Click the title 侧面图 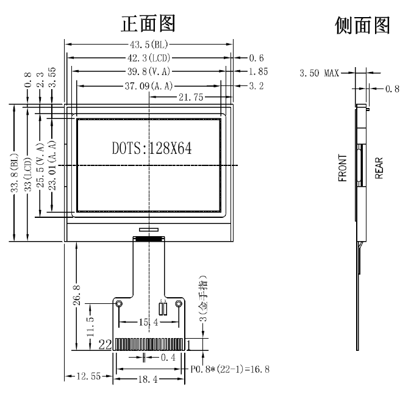(362, 26)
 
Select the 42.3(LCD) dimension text (149, 59)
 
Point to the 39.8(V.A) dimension (149, 72)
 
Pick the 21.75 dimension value (191, 98)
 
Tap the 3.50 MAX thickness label (319, 73)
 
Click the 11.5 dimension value (90, 326)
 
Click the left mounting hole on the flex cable (119, 304)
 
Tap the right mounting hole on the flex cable (179, 304)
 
